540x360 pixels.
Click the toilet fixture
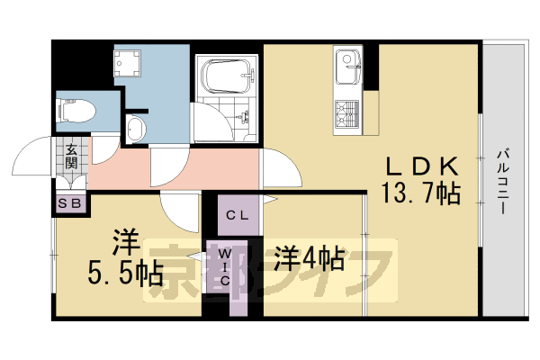(77, 112)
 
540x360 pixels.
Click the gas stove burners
(346, 112)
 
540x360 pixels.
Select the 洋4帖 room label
(309, 259)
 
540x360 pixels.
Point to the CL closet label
(237, 215)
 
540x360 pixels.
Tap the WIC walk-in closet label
(224, 267)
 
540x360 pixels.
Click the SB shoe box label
(70, 203)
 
